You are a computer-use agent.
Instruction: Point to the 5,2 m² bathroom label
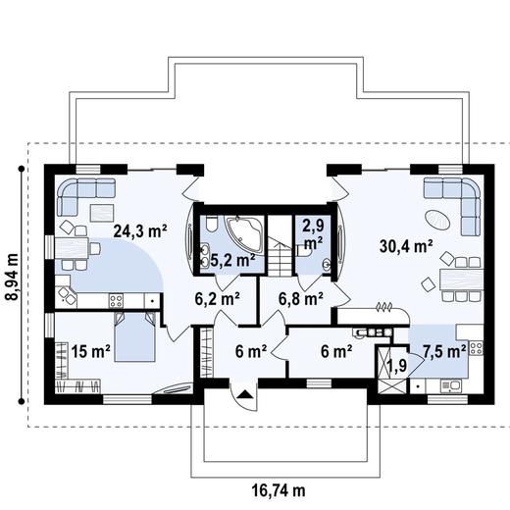[233, 261]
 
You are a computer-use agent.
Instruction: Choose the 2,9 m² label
[313, 233]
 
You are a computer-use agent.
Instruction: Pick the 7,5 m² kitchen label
[442, 348]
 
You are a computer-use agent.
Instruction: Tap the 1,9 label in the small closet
[397, 367]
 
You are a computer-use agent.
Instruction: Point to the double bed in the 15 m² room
[133, 337]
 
